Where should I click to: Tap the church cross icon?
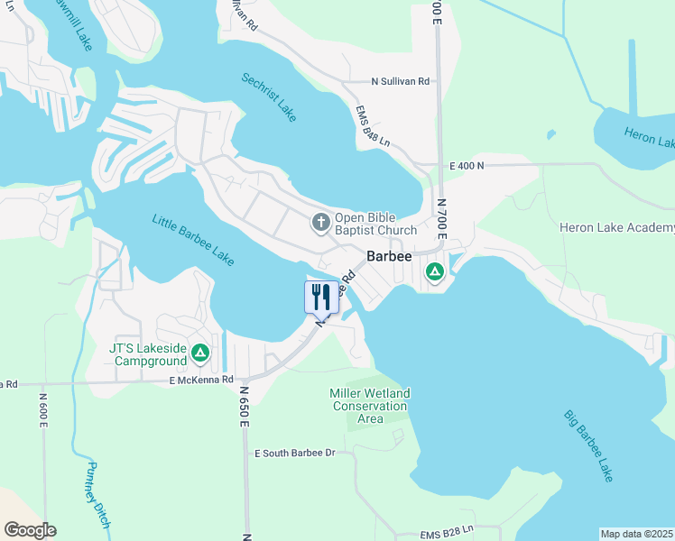pyautogui.click(x=320, y=223)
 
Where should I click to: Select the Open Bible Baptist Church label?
pyautogui.click(x=375, y=224)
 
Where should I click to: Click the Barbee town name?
pyautogui.click(x=388, y=256)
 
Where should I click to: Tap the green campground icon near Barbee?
pyautogui.click(x=435, y=271)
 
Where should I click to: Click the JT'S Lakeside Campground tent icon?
pyautogui.click(x=200, y=354)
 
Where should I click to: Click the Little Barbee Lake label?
pyautogui.click(x=193, y=240)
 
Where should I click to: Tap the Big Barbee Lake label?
pyautogui.click(x=588, y=445)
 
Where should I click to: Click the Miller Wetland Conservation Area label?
pyautogui.click(x=371, y=406)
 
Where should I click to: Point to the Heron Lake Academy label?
pyautogui.click(x=617, y=227)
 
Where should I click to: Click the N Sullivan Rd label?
pyautogui.click(x=401, y=81)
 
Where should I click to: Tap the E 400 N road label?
pyautogui.click(x=467, y=167)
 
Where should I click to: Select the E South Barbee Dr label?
pyautogui.click(x=294, y=452)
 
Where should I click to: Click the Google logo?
pyautogui.click(x=30, y=530)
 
